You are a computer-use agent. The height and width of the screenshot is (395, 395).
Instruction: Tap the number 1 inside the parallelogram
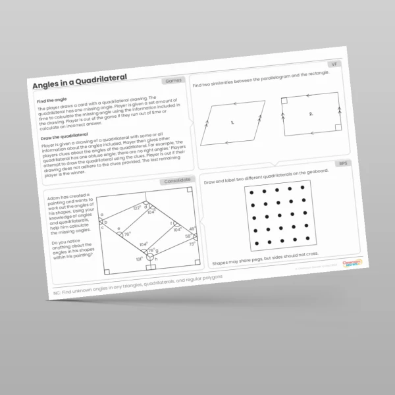click(232, 122)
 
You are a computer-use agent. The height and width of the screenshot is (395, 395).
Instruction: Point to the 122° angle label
click(137, 208)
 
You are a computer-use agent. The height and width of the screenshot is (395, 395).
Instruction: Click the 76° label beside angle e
click(127, 234)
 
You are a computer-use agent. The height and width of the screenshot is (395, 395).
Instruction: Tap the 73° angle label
click(192, 244)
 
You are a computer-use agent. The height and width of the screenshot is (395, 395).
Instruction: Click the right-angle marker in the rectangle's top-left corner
click(285, 101)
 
